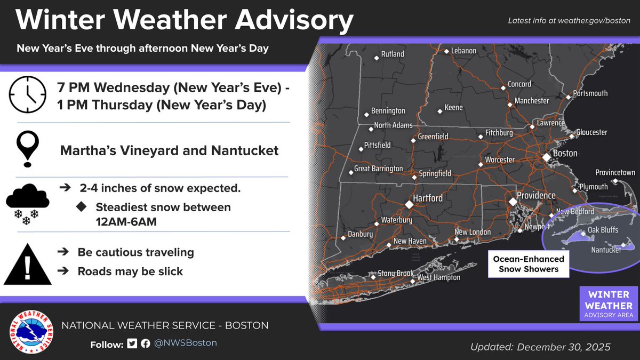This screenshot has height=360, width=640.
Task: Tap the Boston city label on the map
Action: pos(565,154)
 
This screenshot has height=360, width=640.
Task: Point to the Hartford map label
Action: pos(428,198)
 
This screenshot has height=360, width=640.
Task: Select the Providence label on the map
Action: pos(536,196)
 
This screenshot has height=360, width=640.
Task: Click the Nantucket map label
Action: pos(606,250)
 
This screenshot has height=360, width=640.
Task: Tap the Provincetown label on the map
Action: pos(615,173)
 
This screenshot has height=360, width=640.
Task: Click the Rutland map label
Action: pos(393,54)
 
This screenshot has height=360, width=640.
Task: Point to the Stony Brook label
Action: pos(396,274)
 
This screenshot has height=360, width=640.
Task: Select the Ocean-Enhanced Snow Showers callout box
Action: pos(529,264)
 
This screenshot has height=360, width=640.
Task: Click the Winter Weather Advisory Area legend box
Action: pos(609,304)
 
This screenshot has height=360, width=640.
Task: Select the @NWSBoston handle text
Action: pos(186,343)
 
